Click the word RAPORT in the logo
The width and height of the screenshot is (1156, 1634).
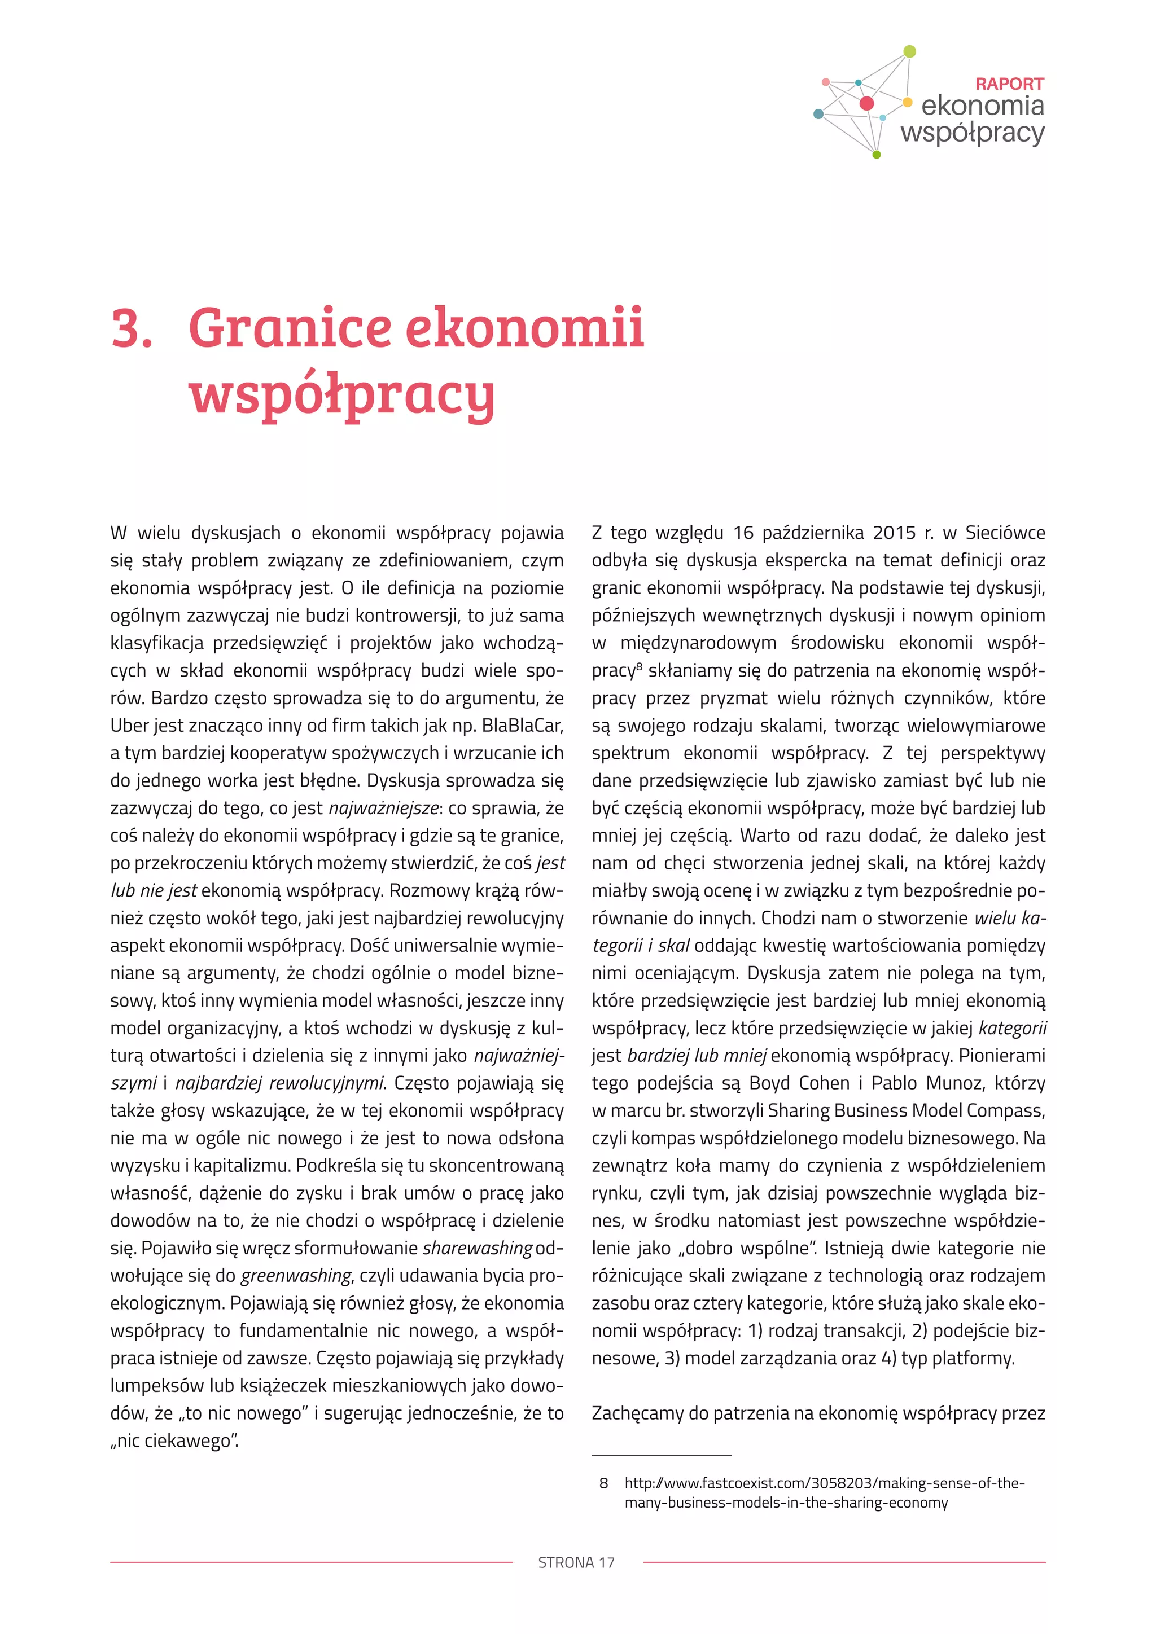[1009, 84]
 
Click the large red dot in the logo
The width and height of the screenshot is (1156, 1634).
[866, 103]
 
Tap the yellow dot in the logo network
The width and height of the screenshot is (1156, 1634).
[907, 102]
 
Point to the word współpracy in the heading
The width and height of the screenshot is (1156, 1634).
[341, 394]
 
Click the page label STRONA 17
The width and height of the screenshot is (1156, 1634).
[576, 1563]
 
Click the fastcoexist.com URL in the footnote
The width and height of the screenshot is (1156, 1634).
[824, 1483]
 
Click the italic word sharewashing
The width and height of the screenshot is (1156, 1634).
[478, 1248]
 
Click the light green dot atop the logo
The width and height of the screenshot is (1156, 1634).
[909, 51]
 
